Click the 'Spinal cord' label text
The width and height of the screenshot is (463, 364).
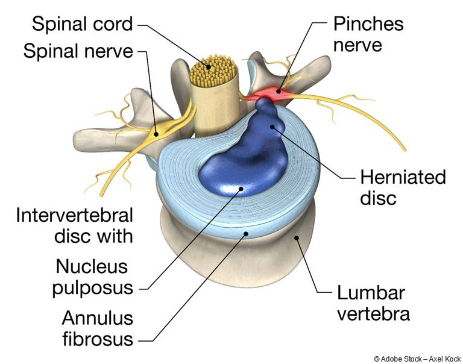82,24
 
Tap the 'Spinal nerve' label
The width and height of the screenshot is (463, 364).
78,51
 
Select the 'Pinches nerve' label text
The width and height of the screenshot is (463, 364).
368,34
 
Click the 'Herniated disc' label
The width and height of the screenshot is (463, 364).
403,187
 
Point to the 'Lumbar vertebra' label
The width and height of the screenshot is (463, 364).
374,303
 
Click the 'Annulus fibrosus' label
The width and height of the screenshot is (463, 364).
98,328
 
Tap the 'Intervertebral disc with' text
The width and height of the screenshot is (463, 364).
74,225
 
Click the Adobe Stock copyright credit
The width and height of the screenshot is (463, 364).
417,359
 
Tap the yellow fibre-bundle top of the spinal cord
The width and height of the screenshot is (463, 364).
213,71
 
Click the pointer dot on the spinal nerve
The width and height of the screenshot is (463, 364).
157,134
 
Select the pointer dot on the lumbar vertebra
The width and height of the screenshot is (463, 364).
297,237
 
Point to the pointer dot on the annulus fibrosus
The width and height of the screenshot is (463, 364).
245,234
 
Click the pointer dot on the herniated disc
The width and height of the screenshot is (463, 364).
272,127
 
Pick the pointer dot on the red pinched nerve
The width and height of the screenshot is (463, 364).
278,91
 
